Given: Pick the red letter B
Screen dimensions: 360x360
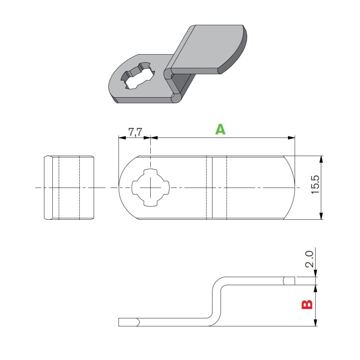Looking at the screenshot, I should point(308,299).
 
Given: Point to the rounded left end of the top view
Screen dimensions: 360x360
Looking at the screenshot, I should point(125,188).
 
